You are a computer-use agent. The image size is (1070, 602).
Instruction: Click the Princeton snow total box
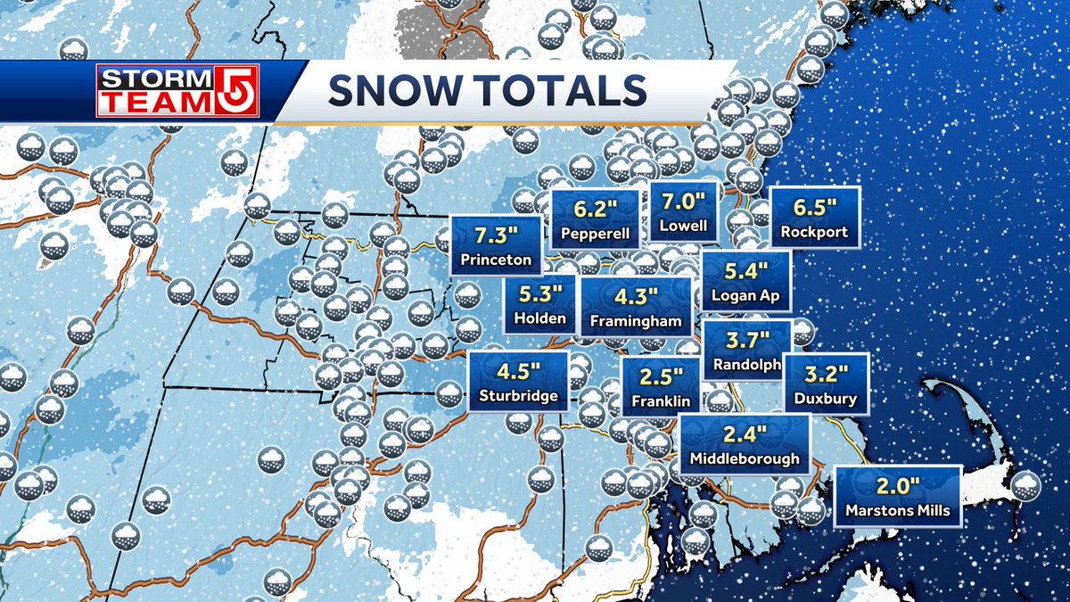497,245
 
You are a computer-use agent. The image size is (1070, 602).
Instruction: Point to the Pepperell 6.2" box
596,219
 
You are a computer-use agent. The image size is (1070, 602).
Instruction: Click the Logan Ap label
746,293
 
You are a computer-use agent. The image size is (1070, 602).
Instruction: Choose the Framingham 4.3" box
636,306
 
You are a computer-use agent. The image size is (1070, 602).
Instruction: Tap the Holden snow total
539,303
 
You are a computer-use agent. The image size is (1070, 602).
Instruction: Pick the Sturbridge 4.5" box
518,381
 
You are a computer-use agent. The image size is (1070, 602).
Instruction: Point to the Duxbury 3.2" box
825,383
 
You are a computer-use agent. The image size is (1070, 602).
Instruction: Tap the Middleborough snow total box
745,444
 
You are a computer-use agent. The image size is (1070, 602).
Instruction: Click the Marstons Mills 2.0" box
897,497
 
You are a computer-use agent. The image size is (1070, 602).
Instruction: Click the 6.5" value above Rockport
814,208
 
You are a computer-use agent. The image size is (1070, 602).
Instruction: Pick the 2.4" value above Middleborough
745,433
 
